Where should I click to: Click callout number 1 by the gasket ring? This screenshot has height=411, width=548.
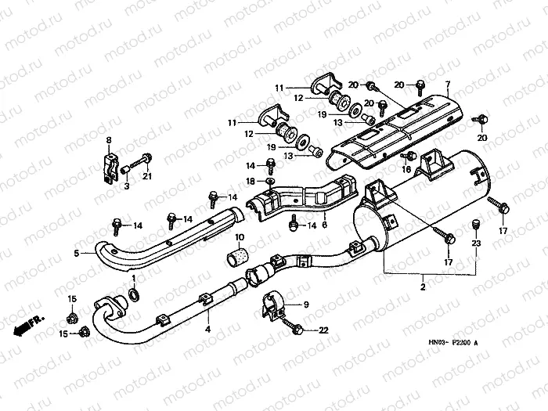click(x=133, y=278)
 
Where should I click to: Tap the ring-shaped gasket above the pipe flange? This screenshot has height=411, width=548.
click(x=133, y=294)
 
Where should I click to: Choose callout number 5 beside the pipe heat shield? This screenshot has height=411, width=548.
click(x=76, y=254)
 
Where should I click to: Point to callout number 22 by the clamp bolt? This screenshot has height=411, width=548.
click(x=323, y=331)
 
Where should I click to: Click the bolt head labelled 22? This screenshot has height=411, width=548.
click(x=297, y=332)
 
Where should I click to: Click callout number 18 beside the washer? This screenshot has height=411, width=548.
click(x=249, y=182)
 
